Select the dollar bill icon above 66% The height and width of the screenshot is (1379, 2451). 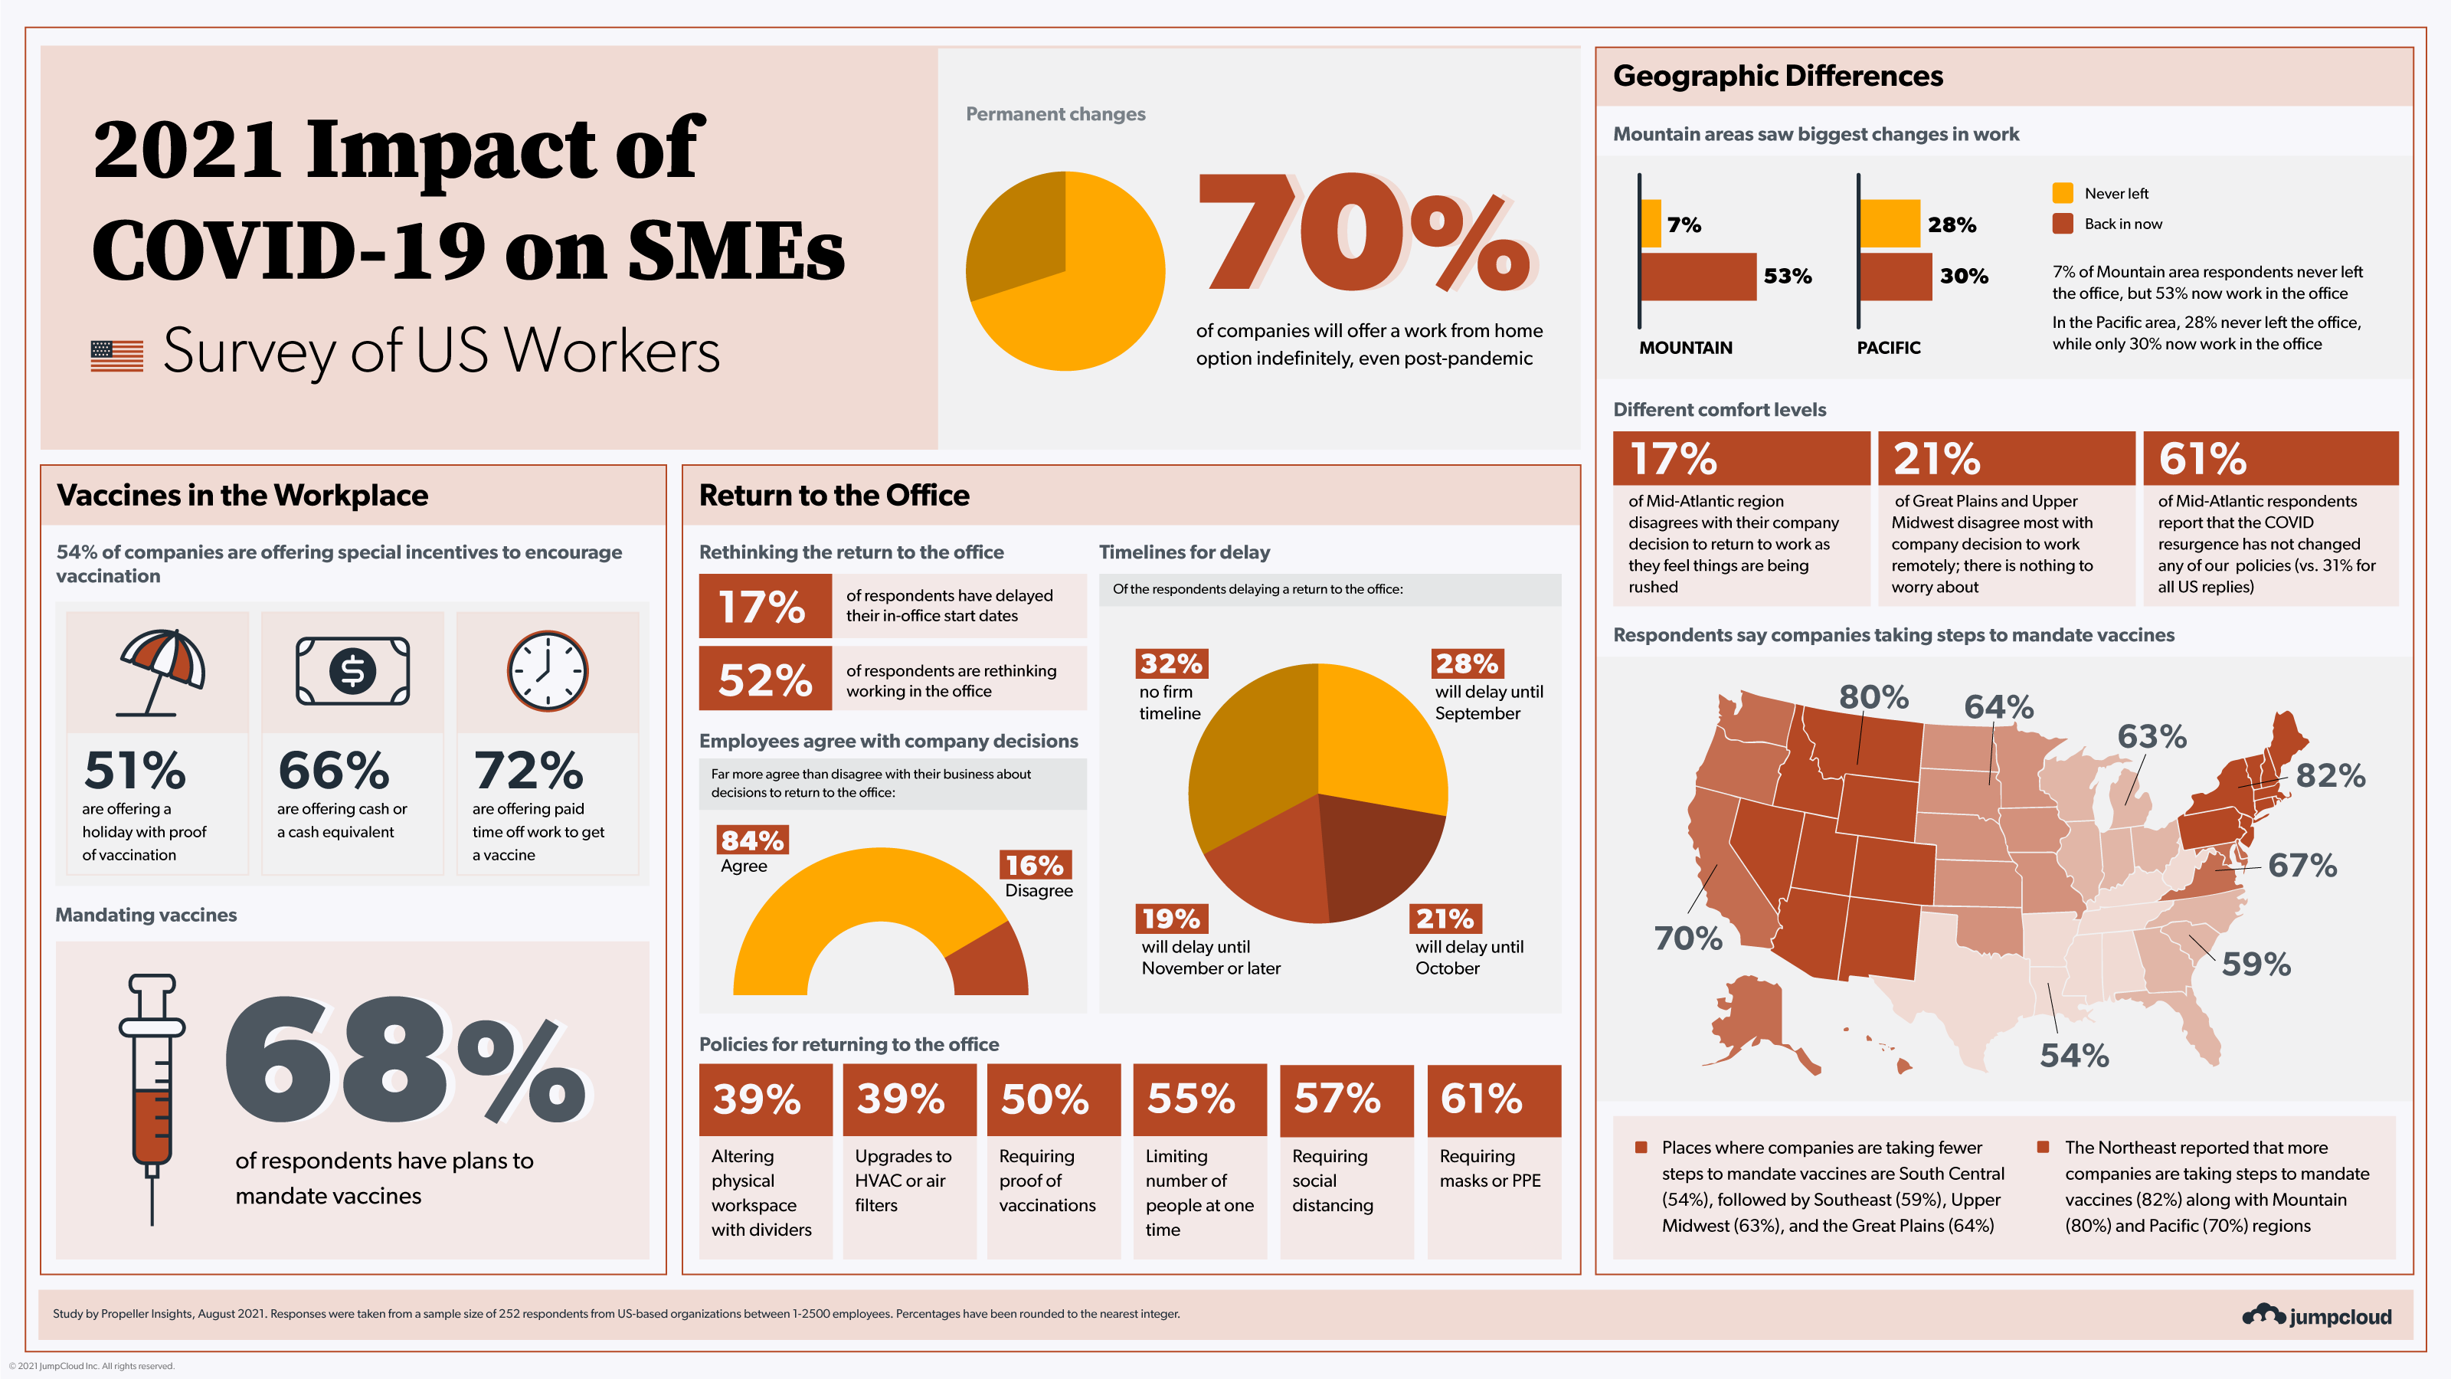click(352, 671)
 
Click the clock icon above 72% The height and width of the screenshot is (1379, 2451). click(547, 671)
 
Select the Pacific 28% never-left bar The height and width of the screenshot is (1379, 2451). click(1890, 224)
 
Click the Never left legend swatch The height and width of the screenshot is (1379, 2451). click(2062, 193)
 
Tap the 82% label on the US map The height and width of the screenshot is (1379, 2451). click(2330, 775)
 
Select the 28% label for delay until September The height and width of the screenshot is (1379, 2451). click(1466, 663)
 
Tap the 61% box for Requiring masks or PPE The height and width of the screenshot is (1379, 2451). click(1494, 1100)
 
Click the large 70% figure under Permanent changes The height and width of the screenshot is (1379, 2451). click(1366, 233)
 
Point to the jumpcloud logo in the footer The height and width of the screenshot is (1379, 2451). click(2316, 1315)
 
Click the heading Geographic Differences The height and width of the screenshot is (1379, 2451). click(1777, 76)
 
